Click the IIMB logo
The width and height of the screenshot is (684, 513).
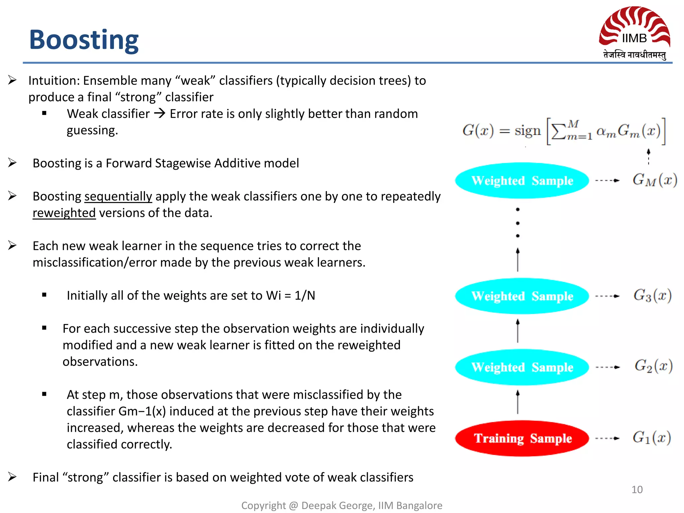(634, 33)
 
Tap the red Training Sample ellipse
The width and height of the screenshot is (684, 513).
(522, 438)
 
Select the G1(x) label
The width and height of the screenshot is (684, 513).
(652, 438)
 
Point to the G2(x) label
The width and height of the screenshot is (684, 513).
(653, 366)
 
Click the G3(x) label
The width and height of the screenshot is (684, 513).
(652, 296)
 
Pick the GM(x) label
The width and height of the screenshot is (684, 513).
(654, 180)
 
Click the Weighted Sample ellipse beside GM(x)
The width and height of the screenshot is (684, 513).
(522, 181)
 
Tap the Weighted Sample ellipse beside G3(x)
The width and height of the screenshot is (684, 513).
(522, 296)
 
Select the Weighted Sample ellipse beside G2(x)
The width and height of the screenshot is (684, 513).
(522, 367)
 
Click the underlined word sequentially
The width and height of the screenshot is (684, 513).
(118, 196)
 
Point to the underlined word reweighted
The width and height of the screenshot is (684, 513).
(64, 213)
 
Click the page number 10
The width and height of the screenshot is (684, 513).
(637, 490)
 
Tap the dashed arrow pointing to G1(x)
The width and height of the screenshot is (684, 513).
(608, 438)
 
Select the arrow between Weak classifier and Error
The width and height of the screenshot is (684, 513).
(160, 114)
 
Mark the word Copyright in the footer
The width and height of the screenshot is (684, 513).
(264, 506)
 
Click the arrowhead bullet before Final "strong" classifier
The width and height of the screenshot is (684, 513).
(12, 477)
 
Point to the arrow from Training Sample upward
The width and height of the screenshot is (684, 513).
(518, 402)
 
